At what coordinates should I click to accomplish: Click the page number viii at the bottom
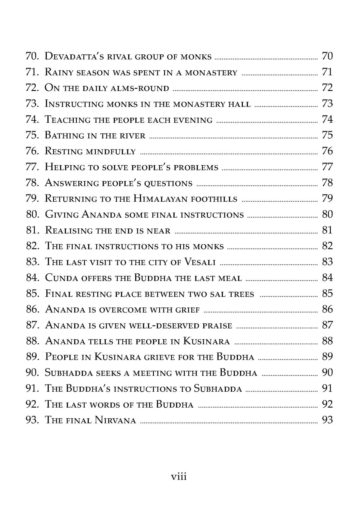pyautogui.click(x=178, y=476)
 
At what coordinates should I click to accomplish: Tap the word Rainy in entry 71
pyautogui.click(x=59, y=72)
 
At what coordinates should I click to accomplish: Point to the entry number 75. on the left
pyautogui.click(x=32, y=135)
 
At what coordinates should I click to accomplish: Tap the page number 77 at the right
pyautogui.click(x=327, y=167)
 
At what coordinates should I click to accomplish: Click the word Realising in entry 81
pyautogui.click(x=69, y=230)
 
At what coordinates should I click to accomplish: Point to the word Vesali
pyautogui.click(x=200, y=262)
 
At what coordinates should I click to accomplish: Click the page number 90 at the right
pyautogui.click(x=327, y=373)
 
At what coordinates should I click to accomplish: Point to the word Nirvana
pyautogui.click(x=115, y=420)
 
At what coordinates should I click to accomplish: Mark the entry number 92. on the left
pyautogui.click(x=32, y=404)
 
